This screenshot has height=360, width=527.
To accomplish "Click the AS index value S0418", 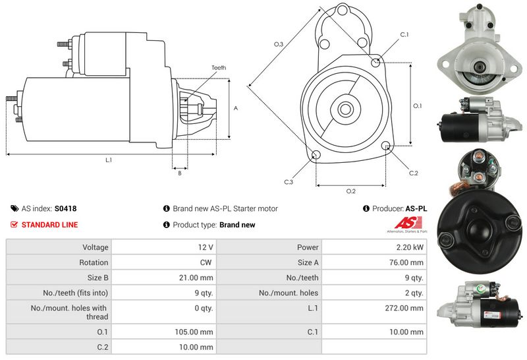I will pyautogui.click(x=65, y=208).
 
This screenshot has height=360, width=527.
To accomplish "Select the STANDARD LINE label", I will pyautogui.click(x=49, y=225).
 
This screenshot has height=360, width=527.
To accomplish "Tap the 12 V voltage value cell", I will pyautogui.click(x=205, y=247).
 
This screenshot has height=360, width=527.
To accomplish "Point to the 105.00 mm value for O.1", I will pyautogui.click(x=197, y=332).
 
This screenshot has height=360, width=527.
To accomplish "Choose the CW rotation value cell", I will pyautogui.click(x=206, y=262).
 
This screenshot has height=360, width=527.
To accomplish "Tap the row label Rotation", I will pyautogui.click(x=94, y=262).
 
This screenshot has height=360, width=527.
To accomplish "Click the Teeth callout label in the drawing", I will pyautogui.click(x=219, y=68).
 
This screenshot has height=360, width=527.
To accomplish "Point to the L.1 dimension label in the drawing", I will pyautogui.click(x=108, y=160).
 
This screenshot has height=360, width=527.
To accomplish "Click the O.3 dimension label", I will pyautogui.click(x=279, y=44).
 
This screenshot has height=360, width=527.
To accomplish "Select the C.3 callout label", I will pyautogui.click(x=289, y=182).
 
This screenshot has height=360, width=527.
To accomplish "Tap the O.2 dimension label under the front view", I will pyautogui.click(x=351, y=191).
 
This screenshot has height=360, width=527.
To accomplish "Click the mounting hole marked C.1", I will pyautogui.click(x=375, y=63).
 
